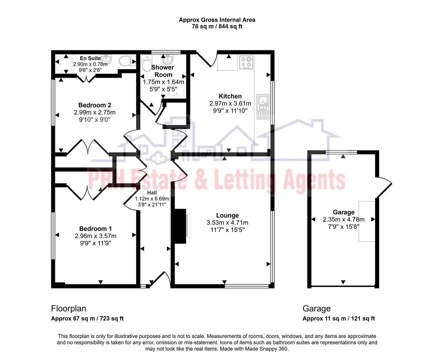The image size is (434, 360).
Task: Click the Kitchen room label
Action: coord(230,96)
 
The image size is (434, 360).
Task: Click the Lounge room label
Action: coord(227,215)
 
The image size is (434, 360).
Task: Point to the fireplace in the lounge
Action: coord(180,226)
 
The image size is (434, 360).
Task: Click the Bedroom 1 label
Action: coord(95,229)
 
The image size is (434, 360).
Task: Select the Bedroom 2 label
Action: coord(95,105)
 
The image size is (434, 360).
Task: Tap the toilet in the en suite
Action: coord(127,61)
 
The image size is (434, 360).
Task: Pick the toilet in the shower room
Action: coord(146,61)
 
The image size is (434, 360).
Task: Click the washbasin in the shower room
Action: coord(167,60)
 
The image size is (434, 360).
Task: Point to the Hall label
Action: coord(152,193)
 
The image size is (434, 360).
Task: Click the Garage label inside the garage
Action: coord(343,212)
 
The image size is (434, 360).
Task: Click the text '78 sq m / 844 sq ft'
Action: coord(217,27)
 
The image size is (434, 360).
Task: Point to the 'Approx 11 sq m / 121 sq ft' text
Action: coord(338,318)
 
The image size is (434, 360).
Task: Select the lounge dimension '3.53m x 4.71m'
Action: coord(227,223)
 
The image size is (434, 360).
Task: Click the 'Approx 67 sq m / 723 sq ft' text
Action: coord(87,318)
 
